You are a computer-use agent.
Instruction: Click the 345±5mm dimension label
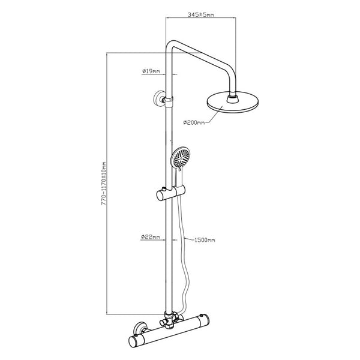click(x=201, y=14)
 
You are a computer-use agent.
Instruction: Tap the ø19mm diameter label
click(x=151, y=71)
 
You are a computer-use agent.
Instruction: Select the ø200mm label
click(x=194, y=122)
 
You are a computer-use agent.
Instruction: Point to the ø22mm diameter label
click(x=151, y=237)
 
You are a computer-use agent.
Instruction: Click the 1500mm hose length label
click(x=205, y=240)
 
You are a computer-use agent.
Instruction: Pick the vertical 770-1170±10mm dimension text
click(x=104, y=184)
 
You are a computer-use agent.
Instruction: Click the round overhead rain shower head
click(x=233, y=102)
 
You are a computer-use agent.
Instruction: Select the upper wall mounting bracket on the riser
click(x=161, y=99)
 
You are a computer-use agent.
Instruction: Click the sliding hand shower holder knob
click(x=161, y=194)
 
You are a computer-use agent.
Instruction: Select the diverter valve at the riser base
click(x=170, y=319)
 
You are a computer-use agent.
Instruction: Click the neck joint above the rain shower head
click(x=233, y=98)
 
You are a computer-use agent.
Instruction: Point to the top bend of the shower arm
click(x=172, y=44)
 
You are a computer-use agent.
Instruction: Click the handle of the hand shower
click(x=179, y=178)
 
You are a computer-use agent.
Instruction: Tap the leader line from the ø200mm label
click(x=214, y=115)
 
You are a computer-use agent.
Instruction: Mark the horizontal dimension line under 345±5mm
click(x=201, y=17)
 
